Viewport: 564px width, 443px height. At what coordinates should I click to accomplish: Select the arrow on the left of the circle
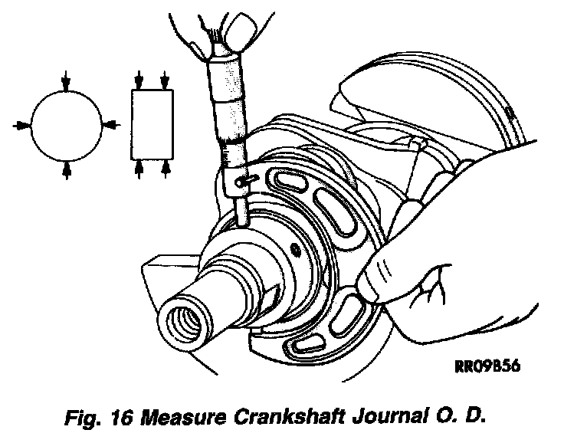pos(22,123)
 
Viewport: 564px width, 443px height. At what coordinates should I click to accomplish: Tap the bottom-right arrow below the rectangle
pos(165,168)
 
